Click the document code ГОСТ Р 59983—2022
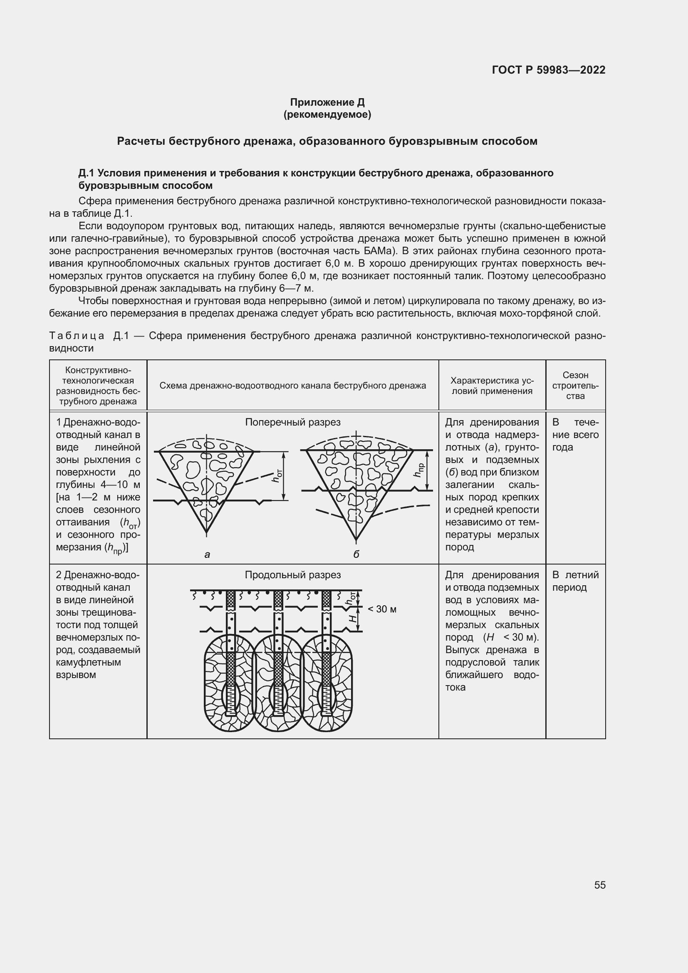(549, 70)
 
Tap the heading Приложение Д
(327, 102)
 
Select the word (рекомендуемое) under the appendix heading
(327, 114)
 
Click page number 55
(599, 885)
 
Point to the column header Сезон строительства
(575, 386)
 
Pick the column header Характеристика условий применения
(492, 386)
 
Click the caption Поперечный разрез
(293, 422)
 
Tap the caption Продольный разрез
(293, 574)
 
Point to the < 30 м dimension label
(382, 609)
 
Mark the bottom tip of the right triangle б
(356, 540)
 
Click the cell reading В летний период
(575, 581)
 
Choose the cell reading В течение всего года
(575, 435)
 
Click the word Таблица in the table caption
(77, 336)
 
